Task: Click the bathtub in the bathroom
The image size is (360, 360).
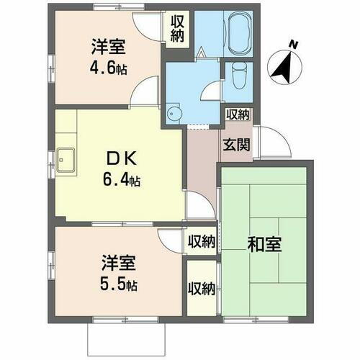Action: pos(238,33)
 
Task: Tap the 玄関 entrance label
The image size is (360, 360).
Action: pos(236,143)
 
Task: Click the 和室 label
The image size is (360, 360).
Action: pos(264,244)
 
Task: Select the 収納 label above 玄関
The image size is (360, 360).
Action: pos(237,114)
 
